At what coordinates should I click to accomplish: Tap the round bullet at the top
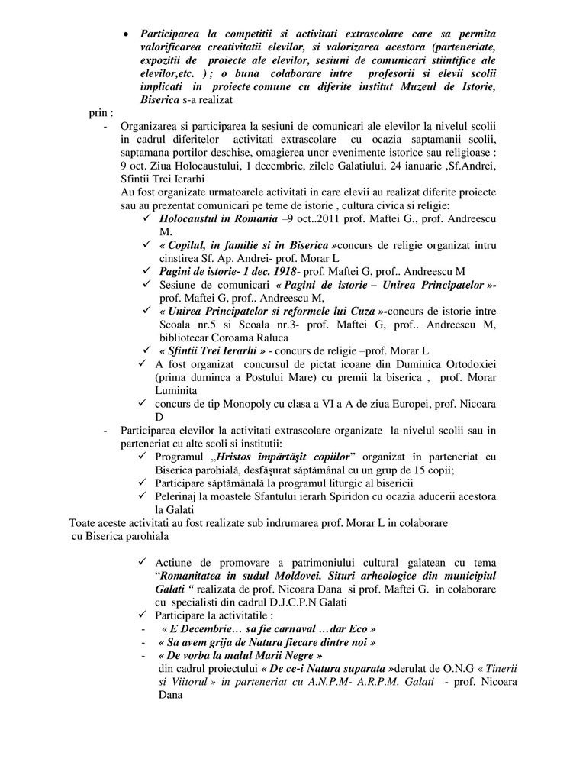tap(127, 35)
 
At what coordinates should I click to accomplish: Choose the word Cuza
tap(362, 311)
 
